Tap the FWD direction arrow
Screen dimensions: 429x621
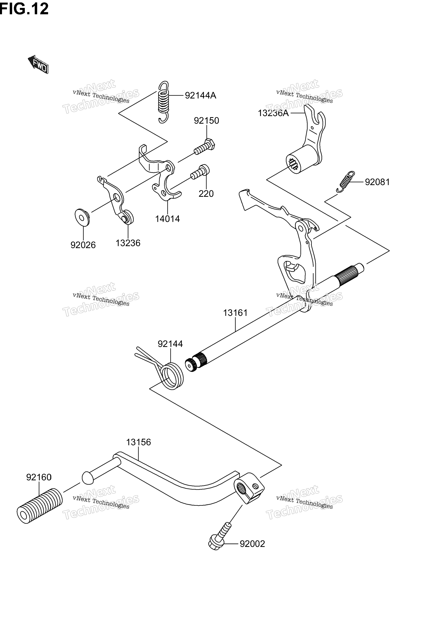(38, 64)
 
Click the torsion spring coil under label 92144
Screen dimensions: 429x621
(172, 376)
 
